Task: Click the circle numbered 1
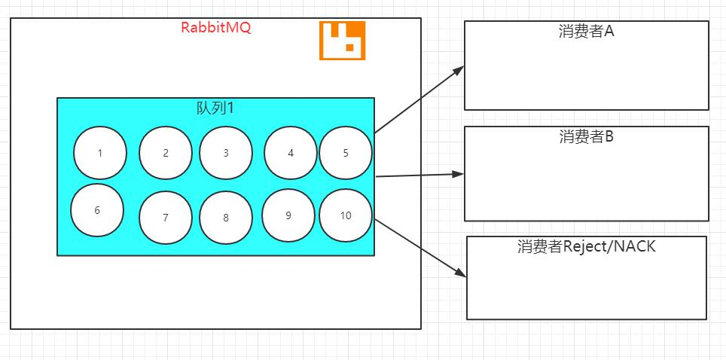(x=100, y=153)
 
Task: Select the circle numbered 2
(x=166, y=153)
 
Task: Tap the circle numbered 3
(x=226, y=153)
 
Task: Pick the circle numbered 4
(x=291, y=153)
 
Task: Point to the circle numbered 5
(x=346, y=153)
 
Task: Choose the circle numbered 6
(x=97, y=210)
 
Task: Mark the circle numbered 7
(x=166, y=218)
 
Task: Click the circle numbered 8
(x=226, y=218)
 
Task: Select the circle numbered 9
(x=288, y=215)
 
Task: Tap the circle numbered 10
(x=346, y=215)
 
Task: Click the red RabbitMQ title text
(x=215, y=28)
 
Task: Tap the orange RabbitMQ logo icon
(x=342, y=40)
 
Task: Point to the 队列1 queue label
(x=215, y=108)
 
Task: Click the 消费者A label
(x=587, y=32)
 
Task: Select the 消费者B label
(x=587, y=136)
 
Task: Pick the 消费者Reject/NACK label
(x=587, y=246)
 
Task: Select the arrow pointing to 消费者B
(x=419, y=175)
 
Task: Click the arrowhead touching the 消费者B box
(x=459, y=174)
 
